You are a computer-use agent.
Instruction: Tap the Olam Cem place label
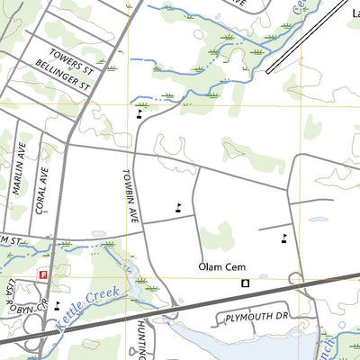[x=224, y=267]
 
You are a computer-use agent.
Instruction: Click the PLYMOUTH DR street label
[x=255, y=318]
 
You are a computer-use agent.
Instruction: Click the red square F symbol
[x=41, y=275]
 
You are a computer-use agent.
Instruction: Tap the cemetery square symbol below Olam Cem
[x=245, y=283]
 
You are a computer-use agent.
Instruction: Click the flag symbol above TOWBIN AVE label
[x=139, y=114]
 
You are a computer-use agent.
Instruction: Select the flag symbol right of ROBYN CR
[x=58, y=304]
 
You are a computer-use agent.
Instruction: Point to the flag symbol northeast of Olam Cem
[x=284, y=238]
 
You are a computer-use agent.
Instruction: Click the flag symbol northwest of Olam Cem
[x=178, y=206]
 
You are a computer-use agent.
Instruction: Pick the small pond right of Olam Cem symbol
[x=263, y=276]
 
